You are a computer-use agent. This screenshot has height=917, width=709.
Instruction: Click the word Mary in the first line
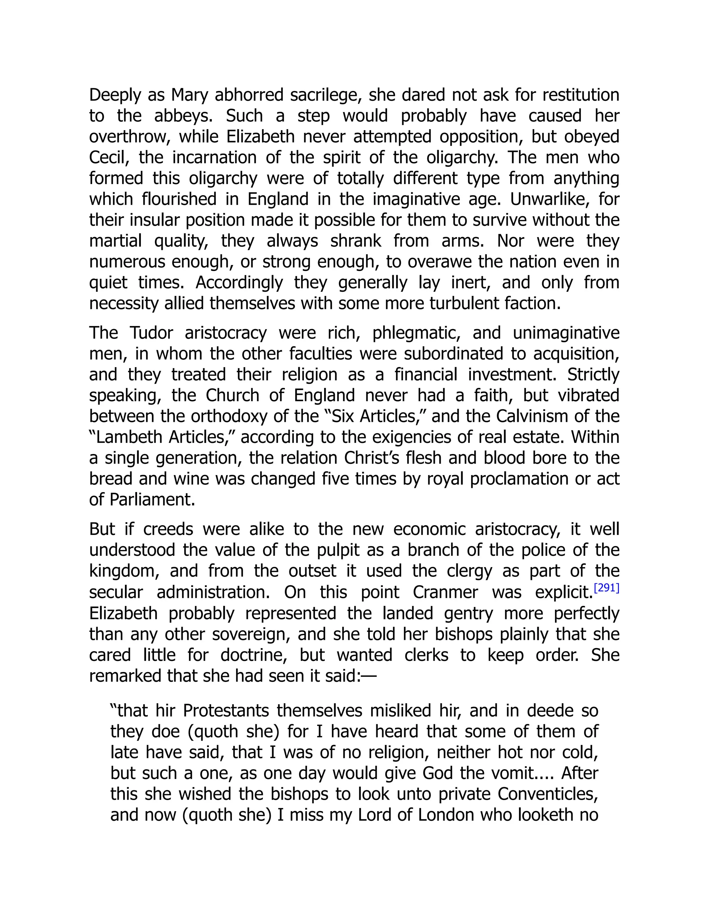(189, 95)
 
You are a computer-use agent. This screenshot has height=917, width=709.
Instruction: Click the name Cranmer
(445, 592)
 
